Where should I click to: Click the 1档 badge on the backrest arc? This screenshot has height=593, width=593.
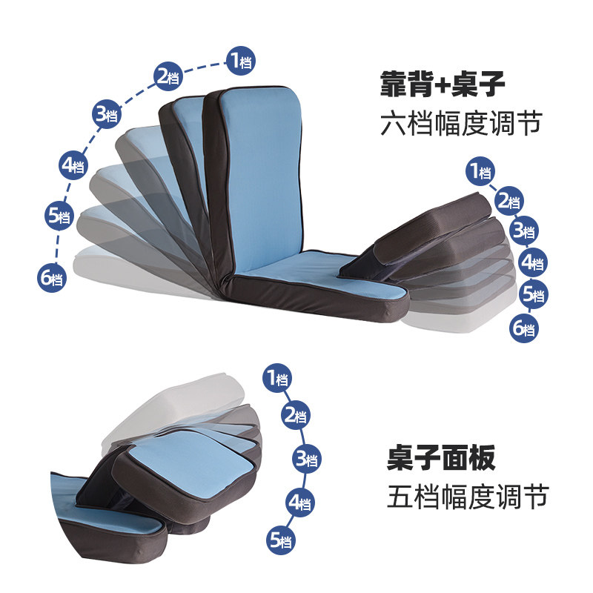[x=240, y=61]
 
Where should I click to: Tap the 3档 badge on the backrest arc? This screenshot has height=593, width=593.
[x=107, y=114]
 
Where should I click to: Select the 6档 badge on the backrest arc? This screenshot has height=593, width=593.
[x=52, y=279]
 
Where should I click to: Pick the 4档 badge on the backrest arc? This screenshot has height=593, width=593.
[x=73, y=165]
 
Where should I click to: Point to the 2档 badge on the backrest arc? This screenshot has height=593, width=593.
[x=168, y=76]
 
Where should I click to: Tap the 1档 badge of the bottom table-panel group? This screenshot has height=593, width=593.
[x=277, y=378]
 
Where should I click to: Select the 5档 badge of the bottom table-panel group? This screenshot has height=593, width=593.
[x=281, y=540]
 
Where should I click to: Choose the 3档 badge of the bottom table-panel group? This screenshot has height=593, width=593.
[x=306, y=459]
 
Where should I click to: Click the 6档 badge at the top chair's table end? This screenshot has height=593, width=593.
[x=524, y=328]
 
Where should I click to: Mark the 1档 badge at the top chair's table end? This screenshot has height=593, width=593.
[x=480, y=171]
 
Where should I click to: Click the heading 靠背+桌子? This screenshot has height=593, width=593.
[x=443, y=84]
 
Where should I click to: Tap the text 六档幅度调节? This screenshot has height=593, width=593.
[x=461, y=123]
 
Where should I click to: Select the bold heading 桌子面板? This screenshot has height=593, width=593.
[x=441, y=457]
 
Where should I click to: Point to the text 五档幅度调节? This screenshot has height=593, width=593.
[x=468, y=496]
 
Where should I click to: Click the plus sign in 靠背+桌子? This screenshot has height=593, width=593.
[x=442, y=85]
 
